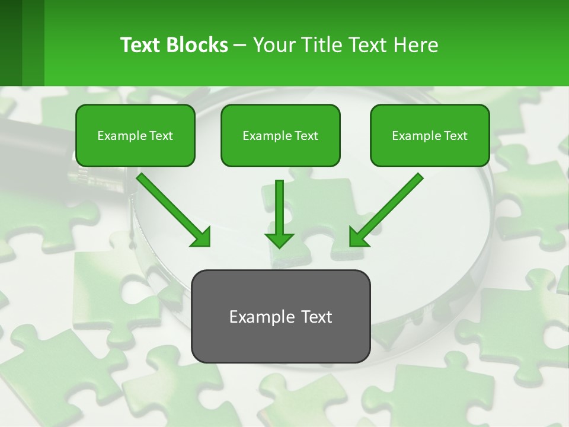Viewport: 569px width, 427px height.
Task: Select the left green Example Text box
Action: click(135, 135)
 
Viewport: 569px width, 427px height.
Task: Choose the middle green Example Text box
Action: click(280, 135)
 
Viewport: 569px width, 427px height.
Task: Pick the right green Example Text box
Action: click(430, 135)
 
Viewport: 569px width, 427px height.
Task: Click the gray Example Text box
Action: click(280, 316)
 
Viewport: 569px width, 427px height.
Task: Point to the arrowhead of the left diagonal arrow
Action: click(201, 237)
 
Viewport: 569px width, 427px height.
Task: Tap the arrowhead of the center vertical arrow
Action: click(279, 240)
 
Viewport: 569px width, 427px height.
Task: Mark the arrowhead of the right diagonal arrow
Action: click(359, 237)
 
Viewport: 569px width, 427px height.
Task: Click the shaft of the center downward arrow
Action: click(279, 205)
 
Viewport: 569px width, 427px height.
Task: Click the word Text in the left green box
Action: click(161, 136)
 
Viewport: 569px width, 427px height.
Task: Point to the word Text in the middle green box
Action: click(306, 136)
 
